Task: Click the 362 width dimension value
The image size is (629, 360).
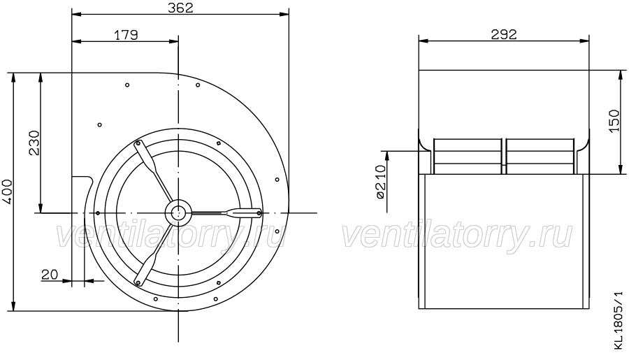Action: [x=180, y=8]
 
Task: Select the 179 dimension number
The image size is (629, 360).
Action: [x=126, y=35]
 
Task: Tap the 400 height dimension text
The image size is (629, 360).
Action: [x=8, y=192]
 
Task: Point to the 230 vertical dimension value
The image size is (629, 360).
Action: [x=34, y=143]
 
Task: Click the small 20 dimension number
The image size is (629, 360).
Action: [x=50, y=275]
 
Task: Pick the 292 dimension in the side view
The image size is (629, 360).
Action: [x=504, y=34]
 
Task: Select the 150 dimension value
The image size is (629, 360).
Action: [x=614, y=120]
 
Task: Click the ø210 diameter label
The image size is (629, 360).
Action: [x=381, y=182]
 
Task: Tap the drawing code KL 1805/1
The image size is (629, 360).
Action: [x=619, y=321]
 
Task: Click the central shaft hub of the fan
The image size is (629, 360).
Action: [x=178, y=213]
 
